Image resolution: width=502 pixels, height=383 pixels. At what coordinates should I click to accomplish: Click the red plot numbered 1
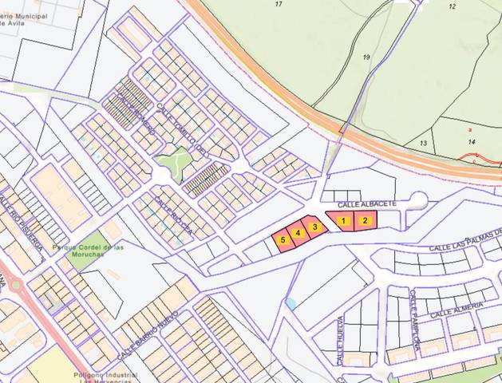pyautogui.click(x=344, y=220)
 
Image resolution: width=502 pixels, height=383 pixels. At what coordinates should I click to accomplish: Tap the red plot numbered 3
pyautogui.click(x=315, y=227)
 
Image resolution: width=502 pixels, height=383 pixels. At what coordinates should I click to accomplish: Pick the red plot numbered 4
pyautogui.click(x=298, y=233)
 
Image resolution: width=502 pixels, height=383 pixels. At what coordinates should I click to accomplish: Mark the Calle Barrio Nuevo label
pyautogui.click(x=147, y=335)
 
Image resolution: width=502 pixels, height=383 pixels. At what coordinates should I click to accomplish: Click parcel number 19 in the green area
pyautogui.click(x=366, y=57)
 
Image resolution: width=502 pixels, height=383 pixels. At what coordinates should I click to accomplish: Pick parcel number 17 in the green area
pyautogui.click(x=279, y=5)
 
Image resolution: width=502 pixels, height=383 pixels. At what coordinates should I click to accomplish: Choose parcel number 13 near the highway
pyautogui.click(x=423, y=143)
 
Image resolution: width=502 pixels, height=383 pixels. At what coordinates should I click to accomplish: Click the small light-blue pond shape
pyautogui.click(x=291, y=303)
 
